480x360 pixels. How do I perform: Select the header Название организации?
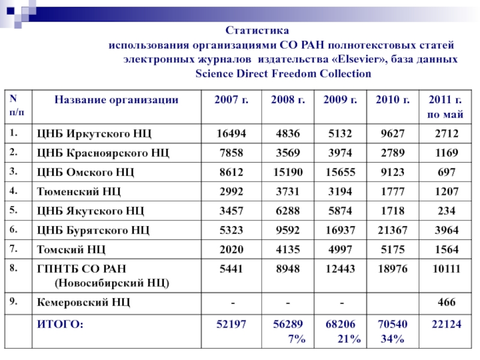(x=116, y=100)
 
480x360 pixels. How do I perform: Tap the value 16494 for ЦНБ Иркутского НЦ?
(x=230, y=133)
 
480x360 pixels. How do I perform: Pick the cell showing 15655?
(x=340, y=173)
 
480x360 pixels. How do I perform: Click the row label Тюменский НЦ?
(x=79, y=192)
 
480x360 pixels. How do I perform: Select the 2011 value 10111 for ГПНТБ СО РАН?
(x=444, y=270)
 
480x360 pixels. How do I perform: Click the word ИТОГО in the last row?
(x=60, y=325)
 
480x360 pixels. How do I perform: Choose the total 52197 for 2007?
(x=230, y=325)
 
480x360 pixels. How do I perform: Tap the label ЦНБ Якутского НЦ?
(x=91, y=211)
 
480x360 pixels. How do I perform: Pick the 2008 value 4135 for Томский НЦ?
(x=285, y=250)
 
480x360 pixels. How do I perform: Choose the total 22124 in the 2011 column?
(x=444, y=325)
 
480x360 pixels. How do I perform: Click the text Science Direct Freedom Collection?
(x=283, y=74)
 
